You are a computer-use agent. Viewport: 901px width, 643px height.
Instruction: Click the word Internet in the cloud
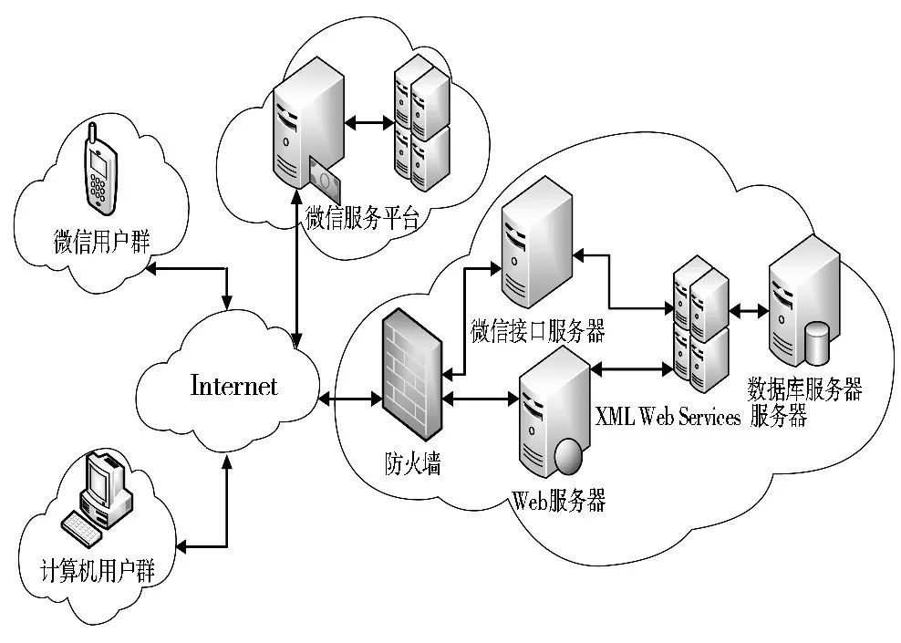233,386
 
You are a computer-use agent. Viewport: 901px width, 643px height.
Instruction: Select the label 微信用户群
101,242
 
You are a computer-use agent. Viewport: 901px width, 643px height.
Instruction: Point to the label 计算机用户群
98,572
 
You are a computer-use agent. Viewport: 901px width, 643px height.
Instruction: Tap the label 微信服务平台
362,218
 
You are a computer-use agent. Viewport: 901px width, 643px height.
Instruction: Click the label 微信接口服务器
538,330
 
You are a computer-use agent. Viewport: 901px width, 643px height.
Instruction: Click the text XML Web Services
668,417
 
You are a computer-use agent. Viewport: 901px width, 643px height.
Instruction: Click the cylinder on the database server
817,345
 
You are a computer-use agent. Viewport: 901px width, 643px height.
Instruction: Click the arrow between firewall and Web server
480,399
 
